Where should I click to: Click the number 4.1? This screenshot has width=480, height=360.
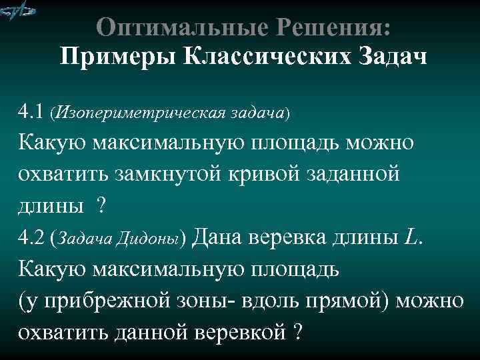click(x=31, y=110)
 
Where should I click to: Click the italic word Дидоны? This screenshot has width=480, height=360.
click(x=157, y=239)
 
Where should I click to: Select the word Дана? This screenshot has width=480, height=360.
click(x=217, y=237)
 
